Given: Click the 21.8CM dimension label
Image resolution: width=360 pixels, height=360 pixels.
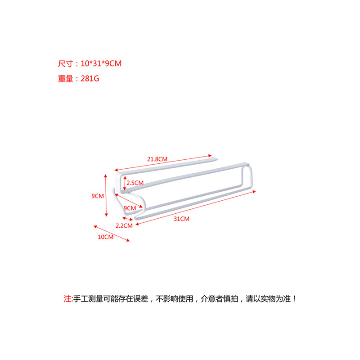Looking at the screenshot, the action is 157,159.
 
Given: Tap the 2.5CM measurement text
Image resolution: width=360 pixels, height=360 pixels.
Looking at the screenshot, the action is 135,183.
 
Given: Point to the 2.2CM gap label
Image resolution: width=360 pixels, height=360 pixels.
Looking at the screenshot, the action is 124,225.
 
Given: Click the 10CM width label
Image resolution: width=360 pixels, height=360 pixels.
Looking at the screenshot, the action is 105,237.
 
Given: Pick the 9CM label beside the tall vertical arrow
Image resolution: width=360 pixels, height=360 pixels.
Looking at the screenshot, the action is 97,196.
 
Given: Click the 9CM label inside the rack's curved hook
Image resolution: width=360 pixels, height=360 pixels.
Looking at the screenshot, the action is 129,208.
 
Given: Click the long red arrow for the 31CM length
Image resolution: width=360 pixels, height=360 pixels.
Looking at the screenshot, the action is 198,204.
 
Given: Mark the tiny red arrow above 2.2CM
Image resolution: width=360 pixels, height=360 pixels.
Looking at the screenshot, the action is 127,219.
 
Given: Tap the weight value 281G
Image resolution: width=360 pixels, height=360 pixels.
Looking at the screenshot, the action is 90,78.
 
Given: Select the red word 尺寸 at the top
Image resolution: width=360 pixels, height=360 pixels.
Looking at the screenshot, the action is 65,63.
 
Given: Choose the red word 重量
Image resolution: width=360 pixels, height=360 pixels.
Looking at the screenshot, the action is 65,78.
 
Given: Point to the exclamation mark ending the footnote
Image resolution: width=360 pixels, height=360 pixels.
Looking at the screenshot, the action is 295,298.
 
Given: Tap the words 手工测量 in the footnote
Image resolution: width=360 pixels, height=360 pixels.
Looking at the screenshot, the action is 88,298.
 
